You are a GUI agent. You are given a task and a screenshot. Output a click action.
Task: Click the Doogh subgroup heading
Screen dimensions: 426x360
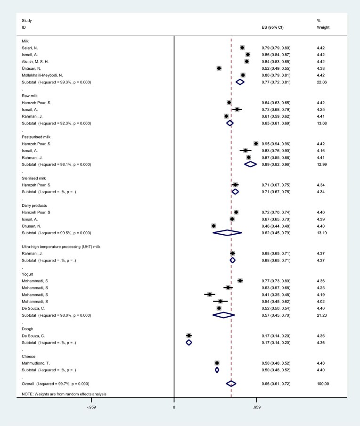28,328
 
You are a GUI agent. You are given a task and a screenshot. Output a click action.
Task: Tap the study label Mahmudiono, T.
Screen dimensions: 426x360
38,363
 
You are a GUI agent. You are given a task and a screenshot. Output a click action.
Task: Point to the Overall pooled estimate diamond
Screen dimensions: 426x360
231,384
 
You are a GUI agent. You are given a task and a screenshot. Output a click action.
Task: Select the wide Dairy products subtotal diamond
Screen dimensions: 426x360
227,233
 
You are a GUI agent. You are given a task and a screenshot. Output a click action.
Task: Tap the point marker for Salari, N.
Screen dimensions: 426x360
242,48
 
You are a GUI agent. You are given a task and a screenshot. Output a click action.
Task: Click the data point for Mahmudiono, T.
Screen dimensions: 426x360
217,363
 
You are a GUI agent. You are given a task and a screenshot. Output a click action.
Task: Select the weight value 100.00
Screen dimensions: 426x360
323,384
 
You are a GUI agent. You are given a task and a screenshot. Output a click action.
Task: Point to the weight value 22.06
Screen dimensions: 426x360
323,82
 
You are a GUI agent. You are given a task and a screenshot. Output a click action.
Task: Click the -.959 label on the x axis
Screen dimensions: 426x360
91,406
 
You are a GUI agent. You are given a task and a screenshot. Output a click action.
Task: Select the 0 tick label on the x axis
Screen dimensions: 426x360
174,406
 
